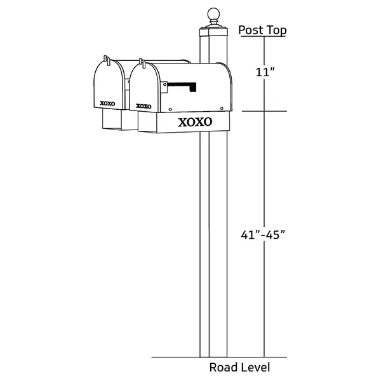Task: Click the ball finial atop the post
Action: (x=213, y=13)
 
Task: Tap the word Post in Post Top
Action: (x=250, y=30)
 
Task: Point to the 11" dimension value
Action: (x=265, y=72)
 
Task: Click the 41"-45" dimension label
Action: (x=263, y=235)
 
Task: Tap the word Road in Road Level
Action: (x=223, y=367)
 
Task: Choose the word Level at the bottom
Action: (x=254, y=367)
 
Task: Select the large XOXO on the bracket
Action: (x=195, y=122)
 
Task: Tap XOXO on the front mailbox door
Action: (x=144, y=106)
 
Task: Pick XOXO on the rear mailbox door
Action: (x=107, y=104)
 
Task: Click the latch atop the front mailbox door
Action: (x=142, y=63)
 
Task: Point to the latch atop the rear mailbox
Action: (x=107, y=60)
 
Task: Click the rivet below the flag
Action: (x=170, y=109)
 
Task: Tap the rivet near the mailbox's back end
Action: (x=222, y=109)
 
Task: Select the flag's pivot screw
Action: (x=164, y=84)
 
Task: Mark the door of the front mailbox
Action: (x=144, y=87)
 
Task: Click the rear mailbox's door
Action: (x=109, y=84)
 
